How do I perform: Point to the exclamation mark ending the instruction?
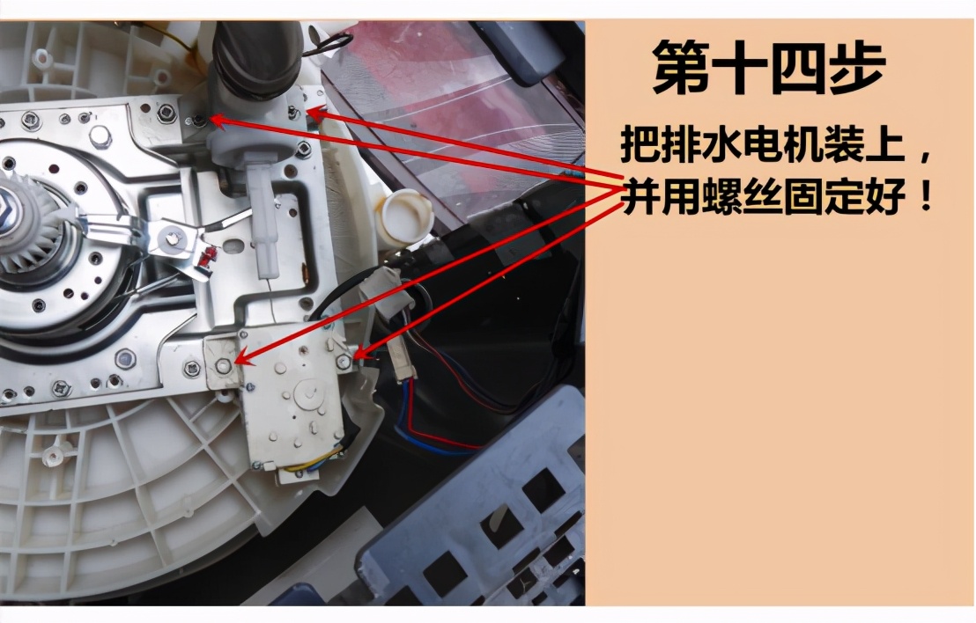tap(923, 197)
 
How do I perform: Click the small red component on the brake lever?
tap(208, 257)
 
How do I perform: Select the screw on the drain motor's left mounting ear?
tap(225, 363)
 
